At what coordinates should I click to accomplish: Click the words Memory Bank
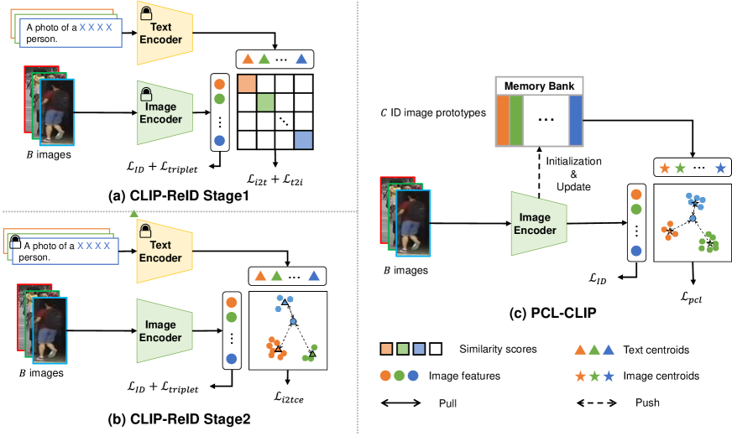[x=538, y=86]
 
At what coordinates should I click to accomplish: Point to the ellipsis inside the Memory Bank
[x=546, y=120]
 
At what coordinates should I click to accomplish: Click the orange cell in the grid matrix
[x=247, y=84]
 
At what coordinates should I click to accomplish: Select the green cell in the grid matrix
[x=265, y=102]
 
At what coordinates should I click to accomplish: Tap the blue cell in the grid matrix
[x=303, y=140]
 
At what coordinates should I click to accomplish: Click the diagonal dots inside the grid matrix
[x=285, y=122]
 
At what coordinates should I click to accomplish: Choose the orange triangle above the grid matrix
[x=248, y=59]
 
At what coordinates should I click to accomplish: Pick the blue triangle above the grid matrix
[x=301, y=59]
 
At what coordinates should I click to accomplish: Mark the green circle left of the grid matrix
[x=220, y=99]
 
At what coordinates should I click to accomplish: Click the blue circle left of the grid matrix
[x=220, y=140]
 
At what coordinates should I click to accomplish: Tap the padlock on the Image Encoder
[x=147, y=94]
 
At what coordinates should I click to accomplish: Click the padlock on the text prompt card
[x=14, y=243]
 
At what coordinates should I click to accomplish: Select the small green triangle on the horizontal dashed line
[x=134, y=214]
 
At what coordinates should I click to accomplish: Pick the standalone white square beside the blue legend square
[x=435, y=349]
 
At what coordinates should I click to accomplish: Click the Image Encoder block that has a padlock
[x=165, y=112]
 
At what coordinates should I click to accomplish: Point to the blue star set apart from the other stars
[x=720, y=168]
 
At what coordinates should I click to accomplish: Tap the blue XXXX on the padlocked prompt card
[x=94, y=246]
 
